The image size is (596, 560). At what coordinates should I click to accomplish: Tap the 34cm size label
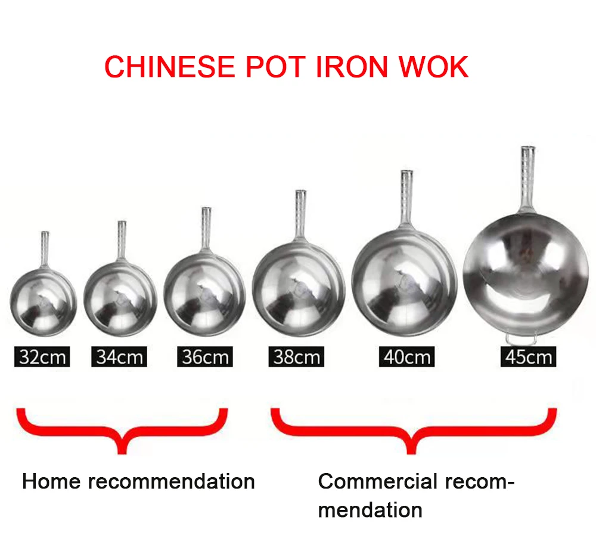119,357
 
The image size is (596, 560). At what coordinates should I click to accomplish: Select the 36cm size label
204,357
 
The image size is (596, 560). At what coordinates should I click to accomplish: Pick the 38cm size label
296,357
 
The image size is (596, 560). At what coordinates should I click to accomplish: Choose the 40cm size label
406,357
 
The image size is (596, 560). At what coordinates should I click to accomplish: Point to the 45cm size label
528,357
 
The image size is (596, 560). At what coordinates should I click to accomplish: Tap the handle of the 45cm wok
527,179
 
